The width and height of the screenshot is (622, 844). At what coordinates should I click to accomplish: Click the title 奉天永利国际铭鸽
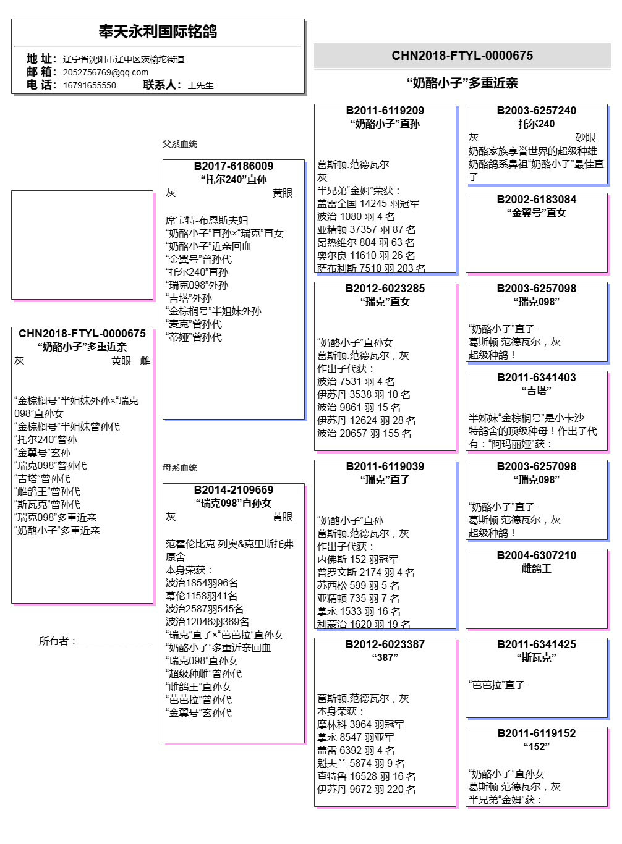tap(158, 32)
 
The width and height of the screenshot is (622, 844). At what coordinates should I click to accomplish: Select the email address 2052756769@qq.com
tap(106, 72)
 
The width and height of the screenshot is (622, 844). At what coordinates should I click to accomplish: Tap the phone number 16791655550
tap(90, 85)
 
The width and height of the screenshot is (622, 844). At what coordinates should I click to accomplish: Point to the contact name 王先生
tap(200, 85)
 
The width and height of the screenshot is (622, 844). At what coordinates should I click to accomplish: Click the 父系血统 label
tap(180, 144)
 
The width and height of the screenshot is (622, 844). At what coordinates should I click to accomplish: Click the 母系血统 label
tap(180, 468)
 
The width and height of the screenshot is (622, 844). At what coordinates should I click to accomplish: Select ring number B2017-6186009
tap(234, 166)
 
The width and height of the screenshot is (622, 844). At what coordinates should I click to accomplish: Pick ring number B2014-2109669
tap(234, 490)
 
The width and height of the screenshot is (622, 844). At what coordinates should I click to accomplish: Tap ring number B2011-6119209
tap(385, 111)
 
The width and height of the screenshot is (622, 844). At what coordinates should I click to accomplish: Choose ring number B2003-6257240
tap(537, 111)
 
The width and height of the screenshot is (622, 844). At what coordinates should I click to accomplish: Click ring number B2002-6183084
tap(537, 200)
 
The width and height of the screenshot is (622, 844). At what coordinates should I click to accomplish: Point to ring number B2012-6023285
tap(385, 289)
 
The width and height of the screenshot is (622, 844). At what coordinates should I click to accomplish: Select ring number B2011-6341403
tap(537, 378)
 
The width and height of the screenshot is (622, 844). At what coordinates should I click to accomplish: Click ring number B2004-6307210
tap(537, 555)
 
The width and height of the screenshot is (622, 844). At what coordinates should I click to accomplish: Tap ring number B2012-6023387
tap(385, 644)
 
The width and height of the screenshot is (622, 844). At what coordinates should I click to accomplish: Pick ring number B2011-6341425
tap(537, 644)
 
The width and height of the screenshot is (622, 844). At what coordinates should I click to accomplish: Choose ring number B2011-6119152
tap(537, 733)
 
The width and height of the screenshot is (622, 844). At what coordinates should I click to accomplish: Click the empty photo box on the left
tap(82, 245)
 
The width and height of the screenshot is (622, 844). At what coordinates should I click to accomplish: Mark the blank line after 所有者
tap(114, 643)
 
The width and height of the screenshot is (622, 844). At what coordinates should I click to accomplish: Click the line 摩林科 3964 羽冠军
tap(360, 724)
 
